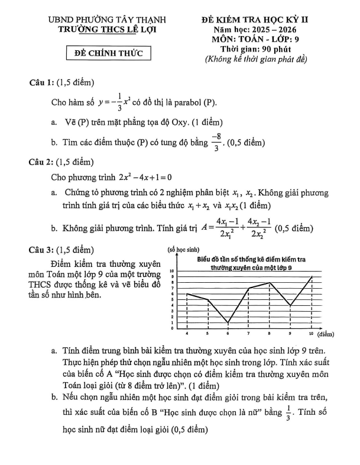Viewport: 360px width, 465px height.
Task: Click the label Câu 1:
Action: pyautogui.click(x=43, y=83)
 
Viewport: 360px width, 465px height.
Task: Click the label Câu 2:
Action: pyautogui.click(x=43, y=162)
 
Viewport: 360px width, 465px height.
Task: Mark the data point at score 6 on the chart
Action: pyautogui.click(x=228, y=323)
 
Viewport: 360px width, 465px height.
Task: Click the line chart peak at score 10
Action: pyautogui.click(x=312, y=276)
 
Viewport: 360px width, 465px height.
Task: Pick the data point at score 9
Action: pyautogui.click(x=291, y=305)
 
